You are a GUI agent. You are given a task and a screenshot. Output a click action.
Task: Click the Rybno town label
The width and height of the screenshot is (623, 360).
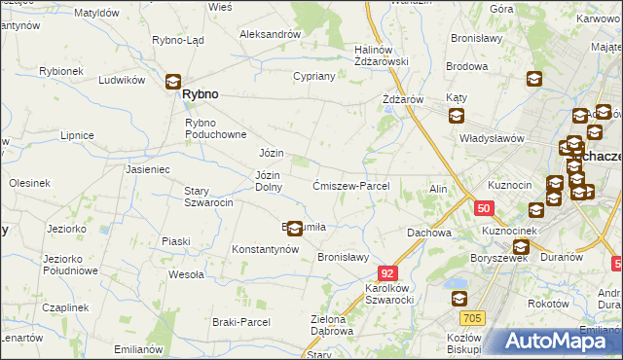tap(200, 94)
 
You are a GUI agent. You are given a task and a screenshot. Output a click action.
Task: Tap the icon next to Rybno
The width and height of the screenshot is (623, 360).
tap(173, 84)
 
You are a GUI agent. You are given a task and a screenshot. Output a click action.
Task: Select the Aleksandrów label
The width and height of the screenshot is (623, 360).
tap(270, 34)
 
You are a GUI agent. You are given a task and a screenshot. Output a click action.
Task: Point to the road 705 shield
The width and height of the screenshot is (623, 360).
tap(473, 317)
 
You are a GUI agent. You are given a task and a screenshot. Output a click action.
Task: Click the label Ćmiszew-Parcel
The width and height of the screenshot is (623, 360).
tap(351, 186)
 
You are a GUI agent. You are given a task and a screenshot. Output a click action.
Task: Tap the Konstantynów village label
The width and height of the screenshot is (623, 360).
tap(264, 249)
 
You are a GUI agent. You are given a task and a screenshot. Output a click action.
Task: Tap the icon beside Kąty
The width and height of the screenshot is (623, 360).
tap(457, 117)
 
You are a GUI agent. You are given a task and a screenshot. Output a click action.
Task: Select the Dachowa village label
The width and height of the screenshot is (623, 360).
tap(429, 234)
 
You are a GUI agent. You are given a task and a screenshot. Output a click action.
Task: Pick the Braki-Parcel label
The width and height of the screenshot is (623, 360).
tap(238, 321)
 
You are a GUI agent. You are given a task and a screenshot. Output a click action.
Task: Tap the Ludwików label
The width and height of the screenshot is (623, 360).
tap(123, 80)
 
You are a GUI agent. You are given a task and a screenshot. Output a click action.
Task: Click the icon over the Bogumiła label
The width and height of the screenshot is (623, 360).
tap(294, 229)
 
